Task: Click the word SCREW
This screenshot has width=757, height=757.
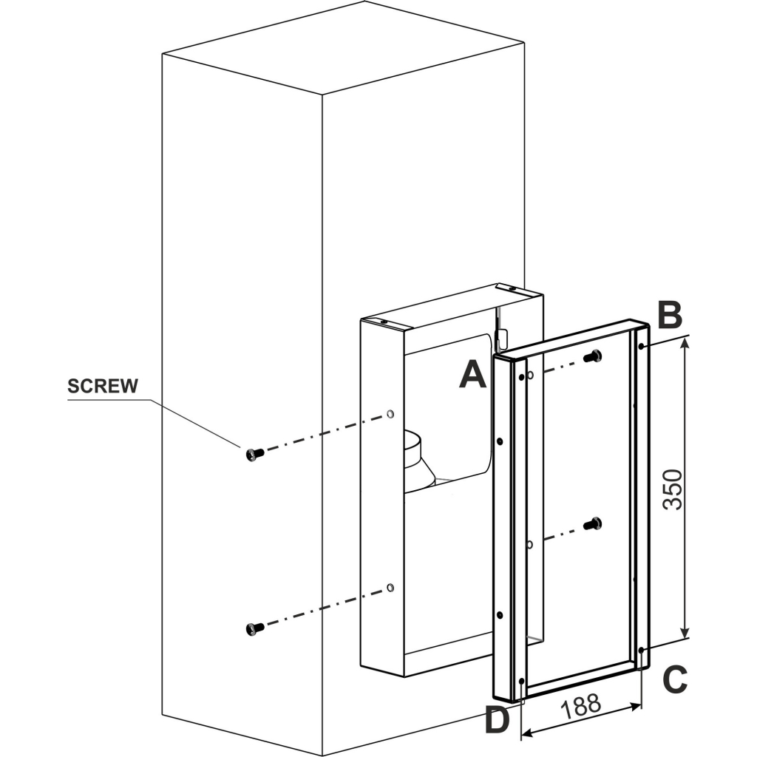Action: pos(102,386)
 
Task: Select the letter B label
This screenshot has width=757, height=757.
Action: pos(669,316)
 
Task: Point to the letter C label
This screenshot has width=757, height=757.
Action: pos(674,679)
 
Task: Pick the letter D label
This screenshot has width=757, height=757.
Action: pos(498,720)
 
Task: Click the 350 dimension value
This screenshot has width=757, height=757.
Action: pos(672,489)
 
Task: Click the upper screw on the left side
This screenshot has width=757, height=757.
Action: pos(254,453)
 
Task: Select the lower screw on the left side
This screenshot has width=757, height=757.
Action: pos(254,628)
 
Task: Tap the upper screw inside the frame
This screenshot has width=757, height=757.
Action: pos(592,356)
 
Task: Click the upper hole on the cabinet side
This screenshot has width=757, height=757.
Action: pos(390,414)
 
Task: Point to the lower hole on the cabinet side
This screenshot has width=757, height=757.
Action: pos(390,588)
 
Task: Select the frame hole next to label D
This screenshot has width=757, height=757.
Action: pos(522,680)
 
